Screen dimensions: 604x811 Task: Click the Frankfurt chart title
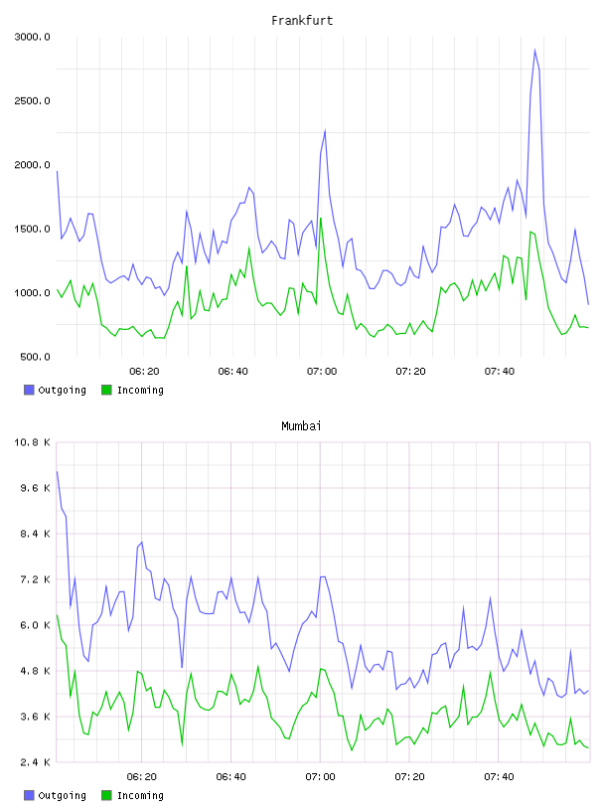point(302,21)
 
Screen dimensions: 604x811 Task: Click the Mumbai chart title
point(301,426)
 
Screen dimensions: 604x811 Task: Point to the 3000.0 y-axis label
point(32,37)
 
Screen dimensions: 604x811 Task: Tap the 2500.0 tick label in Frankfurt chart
point(32,100)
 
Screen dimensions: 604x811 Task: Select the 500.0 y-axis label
point(35,357)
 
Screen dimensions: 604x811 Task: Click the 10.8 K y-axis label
point(32,442)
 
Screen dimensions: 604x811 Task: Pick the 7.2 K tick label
point(35,579)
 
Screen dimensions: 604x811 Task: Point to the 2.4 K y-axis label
point(35,762)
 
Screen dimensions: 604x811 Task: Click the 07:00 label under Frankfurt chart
point(322,372)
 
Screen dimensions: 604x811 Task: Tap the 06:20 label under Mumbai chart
point(142,777)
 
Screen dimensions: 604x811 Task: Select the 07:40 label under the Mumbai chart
point(499,777)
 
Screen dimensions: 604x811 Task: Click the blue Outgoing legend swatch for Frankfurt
point(29,390)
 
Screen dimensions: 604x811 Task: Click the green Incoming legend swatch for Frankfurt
point(106,390)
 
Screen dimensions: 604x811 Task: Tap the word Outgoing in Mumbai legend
point(62,795)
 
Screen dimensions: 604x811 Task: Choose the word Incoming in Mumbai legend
point(140,795)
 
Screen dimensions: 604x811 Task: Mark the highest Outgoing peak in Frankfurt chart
point(534,50)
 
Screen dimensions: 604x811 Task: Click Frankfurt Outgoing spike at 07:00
point(325,130)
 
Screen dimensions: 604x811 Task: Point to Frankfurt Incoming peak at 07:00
point(321,219)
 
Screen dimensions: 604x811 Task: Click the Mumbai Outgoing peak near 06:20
point(142,542)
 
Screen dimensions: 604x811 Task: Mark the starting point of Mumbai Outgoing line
point(57,471)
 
